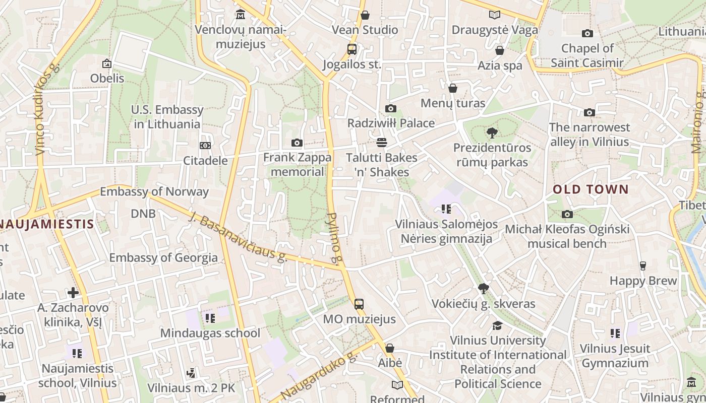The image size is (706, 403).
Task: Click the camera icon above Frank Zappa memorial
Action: [297, 143]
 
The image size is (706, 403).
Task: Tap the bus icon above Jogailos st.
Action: [352, 49]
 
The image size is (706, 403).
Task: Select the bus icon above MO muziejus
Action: [359, 304]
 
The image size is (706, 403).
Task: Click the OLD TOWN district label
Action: [591, 189]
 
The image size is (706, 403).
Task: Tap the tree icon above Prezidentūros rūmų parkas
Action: [492, 133]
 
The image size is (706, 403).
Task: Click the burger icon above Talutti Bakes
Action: [381, 143]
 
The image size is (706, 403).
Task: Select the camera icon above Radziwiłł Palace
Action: [390, 108]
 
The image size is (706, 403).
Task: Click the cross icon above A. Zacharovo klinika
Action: [73, 292]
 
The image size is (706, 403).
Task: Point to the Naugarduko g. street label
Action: [319, 376]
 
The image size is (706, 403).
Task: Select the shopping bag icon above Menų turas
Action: [453, 88]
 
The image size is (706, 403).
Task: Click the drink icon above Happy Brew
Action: [642, 265]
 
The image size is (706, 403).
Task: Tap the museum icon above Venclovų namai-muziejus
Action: [241, 15]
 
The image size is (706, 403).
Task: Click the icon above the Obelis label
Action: [107, 63]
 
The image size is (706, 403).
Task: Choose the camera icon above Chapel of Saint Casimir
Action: [587, 33]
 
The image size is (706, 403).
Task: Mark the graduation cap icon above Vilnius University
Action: [497, 325]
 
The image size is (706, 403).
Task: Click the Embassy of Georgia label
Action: [163, 258]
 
